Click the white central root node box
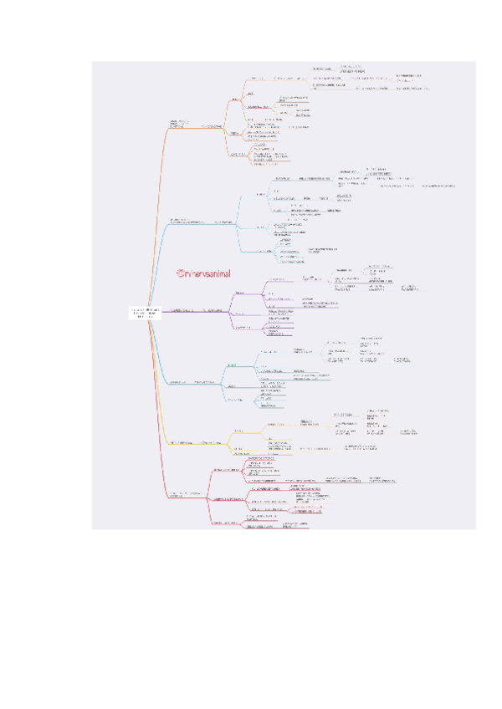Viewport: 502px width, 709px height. (144, 313)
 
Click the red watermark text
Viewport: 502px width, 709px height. (207, 273)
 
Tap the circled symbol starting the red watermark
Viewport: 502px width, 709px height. (179, 273)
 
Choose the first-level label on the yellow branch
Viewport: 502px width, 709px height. (182, 441)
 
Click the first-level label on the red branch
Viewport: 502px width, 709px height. (185, 496)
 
